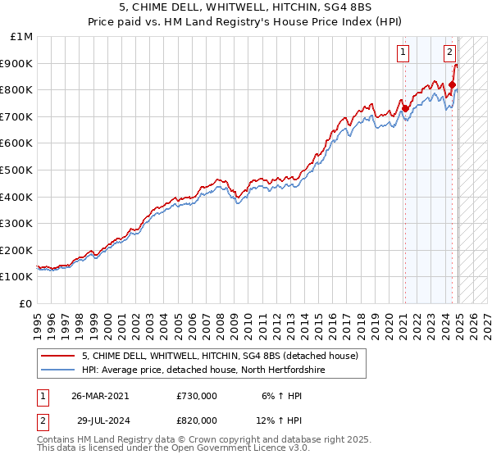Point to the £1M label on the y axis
coord(21,37)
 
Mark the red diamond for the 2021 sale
coord(405,108)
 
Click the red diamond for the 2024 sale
coord(452,84)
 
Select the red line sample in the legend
coord(58,357)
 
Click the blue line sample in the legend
coord(58,370)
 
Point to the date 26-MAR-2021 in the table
coord(100,395)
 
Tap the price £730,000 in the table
coord(197,395)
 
